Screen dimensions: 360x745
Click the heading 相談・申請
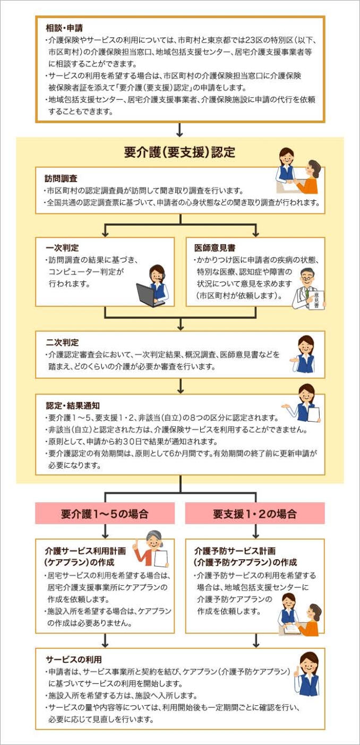[64, 28]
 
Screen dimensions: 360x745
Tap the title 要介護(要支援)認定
[179, 152]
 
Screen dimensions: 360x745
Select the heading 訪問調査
[61, 178]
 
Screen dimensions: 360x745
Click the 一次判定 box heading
[62, 248]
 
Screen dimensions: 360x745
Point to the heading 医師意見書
[215, 248]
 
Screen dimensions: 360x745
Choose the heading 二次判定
[62, 342]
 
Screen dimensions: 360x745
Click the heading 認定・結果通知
[73, 406]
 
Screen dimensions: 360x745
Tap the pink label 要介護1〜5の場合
[105, 514]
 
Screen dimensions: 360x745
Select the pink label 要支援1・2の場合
[255, 514]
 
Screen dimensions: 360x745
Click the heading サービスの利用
[74, 660]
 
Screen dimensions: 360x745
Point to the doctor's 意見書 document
[316, 300]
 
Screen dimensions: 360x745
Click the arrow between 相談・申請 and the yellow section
[179, 130]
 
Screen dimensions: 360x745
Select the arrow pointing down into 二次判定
[181, 324]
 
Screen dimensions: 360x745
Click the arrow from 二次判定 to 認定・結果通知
[181, 386]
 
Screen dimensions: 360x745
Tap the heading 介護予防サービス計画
[235, 551]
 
